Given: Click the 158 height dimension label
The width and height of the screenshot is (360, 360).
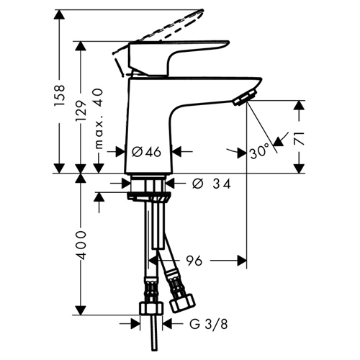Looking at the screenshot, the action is [x=60, y=95].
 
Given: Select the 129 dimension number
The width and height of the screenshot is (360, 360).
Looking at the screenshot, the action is [x=81, y=111].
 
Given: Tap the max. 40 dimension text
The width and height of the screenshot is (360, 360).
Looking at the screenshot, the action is [x=99, y=119].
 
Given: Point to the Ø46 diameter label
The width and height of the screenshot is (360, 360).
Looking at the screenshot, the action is [x=146, y=152].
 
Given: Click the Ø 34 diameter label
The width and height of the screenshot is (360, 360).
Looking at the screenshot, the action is [x=212, y=184].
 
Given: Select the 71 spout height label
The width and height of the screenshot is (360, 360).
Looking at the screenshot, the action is [x=300, y=138].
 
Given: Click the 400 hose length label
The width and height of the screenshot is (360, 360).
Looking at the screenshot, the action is [x=81, y=246].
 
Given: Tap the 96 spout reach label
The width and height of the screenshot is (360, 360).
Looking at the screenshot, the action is [x=194, y=261].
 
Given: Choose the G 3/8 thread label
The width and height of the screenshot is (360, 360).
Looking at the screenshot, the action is [x=208, y=325].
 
